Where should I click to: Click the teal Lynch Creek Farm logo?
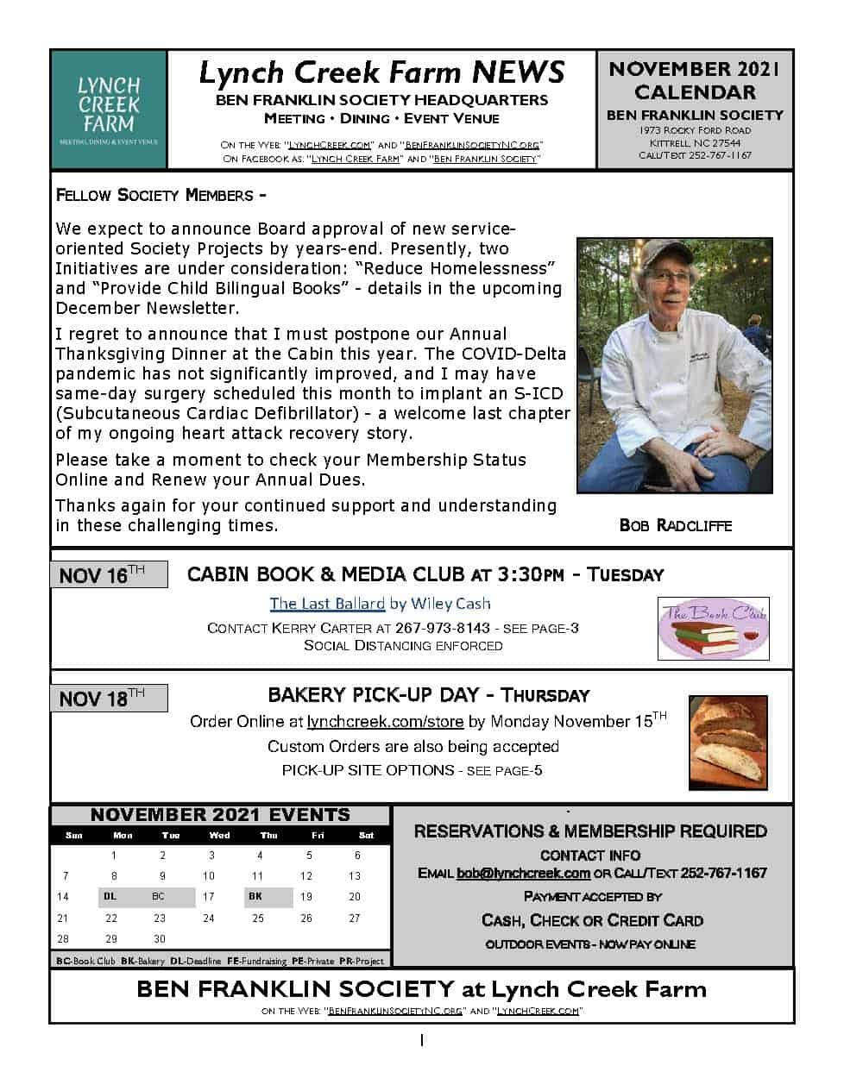pos(109,109)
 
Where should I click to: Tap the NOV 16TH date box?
pos(109,574)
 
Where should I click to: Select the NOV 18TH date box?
pos(109,698)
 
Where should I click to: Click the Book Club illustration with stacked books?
pos(713,629)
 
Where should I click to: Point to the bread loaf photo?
pos(727,743)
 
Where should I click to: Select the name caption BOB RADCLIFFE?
pos(675,525)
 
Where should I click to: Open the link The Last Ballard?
pos(326,604)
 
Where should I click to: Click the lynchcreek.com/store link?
pos(385,721)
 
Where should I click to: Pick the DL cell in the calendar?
pos(110,896)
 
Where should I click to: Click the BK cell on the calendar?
pos(255,896)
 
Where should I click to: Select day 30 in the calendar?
pos(159,938)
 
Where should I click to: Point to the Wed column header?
pos(219,835)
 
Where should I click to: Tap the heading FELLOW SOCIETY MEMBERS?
pos(160,195)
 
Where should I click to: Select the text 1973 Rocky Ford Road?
pos(695,130)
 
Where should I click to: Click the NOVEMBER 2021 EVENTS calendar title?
pos(220,815)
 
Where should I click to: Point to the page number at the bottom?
pos(422,1040)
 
